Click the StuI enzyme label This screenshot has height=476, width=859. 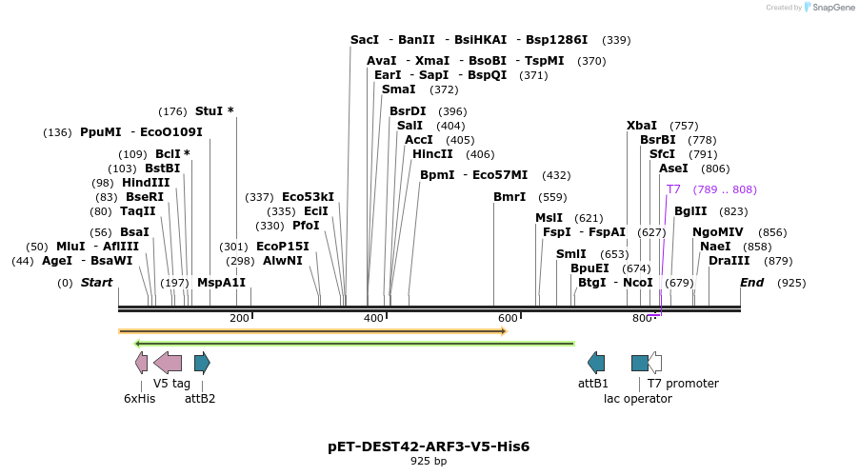coord(210,110)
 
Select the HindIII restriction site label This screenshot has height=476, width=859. coord(146,183)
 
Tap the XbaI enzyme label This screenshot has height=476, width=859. coord(642,126)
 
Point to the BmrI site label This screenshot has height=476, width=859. coord(509,197)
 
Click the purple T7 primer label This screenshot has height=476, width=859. coord(673,189)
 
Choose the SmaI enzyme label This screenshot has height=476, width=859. coord(398,89)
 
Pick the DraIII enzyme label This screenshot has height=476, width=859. coord(729,261)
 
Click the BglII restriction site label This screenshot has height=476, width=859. coord(690,211)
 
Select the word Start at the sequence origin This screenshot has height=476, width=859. coord(96,283)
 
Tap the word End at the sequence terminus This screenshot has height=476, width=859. coord(752,283)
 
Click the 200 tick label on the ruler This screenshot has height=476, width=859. coord(239,318)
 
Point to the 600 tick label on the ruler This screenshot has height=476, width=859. coord(508,318)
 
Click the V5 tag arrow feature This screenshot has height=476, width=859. coord(168,363)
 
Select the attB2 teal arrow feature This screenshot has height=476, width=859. coord(202,363)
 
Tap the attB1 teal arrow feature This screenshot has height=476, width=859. coord(596,363)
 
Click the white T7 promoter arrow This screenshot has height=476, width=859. coord(655,363)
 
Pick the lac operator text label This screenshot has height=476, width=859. coord(637,399)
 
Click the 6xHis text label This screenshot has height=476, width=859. coord(139,399)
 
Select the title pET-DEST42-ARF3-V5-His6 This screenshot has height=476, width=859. coord(429,446)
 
